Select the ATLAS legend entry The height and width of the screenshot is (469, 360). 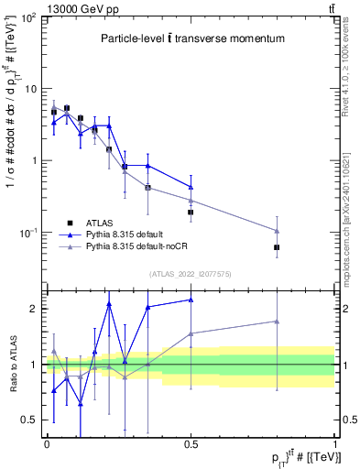pyautogui.click(x=101, y=222)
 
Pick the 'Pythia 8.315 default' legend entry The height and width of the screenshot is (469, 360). pyautogui.click(x=124, y=234)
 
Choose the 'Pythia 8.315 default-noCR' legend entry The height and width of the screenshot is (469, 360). pyautogui.click(x=134, y=247)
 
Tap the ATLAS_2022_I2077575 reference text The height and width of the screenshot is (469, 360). pyautogui.click(x=191, y=273)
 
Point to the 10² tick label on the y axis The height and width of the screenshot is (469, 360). pyautogui.click(x=28, y=18)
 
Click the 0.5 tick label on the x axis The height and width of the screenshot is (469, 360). pyautogui.click(x=191, y=443)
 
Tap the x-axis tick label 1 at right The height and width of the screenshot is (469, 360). pyautogui.click(x=334, y=443)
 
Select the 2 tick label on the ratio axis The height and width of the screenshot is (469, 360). pyautogui.click(x=35, y=309)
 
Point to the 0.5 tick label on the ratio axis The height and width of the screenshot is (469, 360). pyautogui.click(x=30, y=420)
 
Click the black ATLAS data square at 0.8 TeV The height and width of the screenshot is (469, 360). pyautogui.click(x=277, y=247)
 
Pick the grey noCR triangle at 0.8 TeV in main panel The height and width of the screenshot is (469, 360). pyautogui.click(x=277, y=231)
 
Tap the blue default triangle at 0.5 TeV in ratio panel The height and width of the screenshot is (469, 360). pyautogui.click(x=191, y=300)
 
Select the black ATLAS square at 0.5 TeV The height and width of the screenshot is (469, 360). pyautogui.click(x=191, y=212)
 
